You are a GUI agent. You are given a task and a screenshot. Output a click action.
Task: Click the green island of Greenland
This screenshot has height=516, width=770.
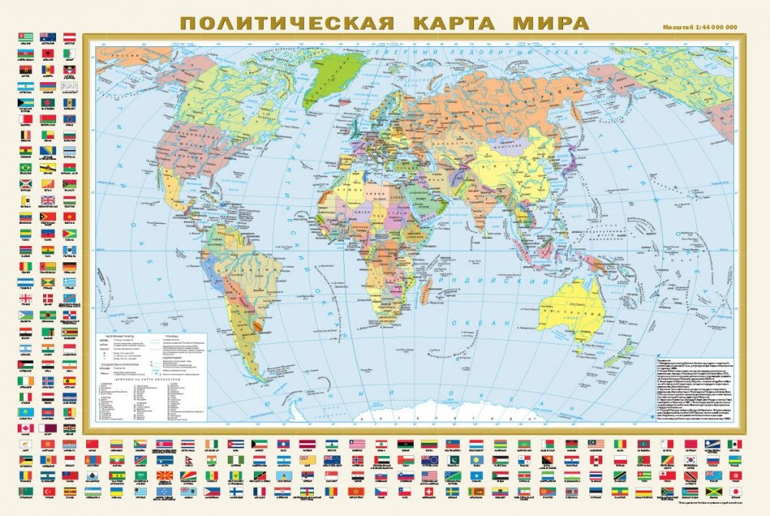point(332,77)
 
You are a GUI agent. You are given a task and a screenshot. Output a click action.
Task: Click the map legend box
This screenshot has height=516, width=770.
point(154,369)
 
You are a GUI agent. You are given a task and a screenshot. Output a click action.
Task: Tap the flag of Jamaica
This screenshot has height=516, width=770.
point(712,491)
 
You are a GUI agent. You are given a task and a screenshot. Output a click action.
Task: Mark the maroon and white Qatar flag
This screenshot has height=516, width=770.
point(48,428)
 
